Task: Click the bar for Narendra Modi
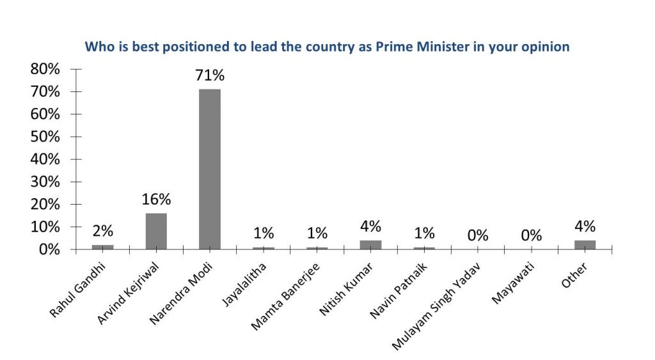click(x=209, y=169)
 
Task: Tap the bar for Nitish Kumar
click(x=370, y=245)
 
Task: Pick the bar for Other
click(x=585, y=245)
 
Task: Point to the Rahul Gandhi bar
click(x=102, y=247)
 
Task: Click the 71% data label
click(x=210, y=75)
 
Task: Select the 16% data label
click(x=156, y=199)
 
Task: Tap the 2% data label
click(x=102, y=231)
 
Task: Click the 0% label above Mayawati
click(x=531, y=235)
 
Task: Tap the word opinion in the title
click(x=546, y=47)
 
